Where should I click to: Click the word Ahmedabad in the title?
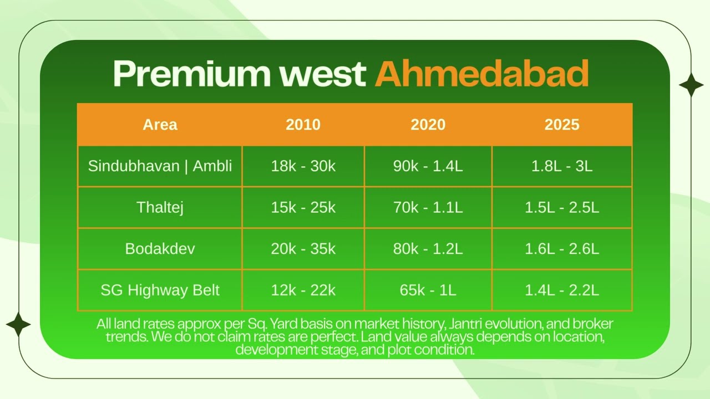[481, 74]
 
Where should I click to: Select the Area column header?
[160, 125]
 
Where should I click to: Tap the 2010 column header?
[303, 125]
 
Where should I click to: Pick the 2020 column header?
[428, 125]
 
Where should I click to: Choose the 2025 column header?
[561, 125]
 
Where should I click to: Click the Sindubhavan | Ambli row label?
[160, 166]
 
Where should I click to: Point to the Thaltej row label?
[160, 207]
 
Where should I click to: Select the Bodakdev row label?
[160, 248]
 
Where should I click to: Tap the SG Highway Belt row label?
[160, 290]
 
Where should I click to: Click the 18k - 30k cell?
[303, 166]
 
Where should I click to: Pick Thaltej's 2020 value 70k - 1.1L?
[428, 207]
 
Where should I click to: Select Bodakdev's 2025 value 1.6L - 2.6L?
[561, 248]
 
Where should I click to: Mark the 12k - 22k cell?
[303, 290]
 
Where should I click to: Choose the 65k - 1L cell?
[428, 290]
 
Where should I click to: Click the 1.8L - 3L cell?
[561, 166]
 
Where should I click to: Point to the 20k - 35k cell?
[303, 248]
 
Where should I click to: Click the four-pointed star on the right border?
[691, 85]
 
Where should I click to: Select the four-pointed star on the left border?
[18, 324]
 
